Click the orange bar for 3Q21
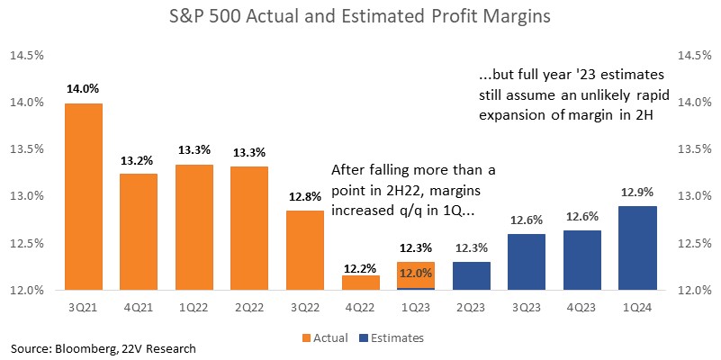(83, 197)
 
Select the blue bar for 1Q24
(637, 248)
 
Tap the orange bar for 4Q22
(360, 283)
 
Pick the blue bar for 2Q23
(472, 276)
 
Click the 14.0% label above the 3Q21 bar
(83, 89)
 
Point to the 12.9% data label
(637, 193)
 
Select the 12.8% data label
(305, 197)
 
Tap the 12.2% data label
(360, 267)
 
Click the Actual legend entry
(326, 338)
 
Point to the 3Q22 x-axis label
(305, 307)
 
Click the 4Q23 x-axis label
(582, 307)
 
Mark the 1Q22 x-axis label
(194, 307)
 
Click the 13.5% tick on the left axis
(29, 150)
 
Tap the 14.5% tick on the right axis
(692, 56)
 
